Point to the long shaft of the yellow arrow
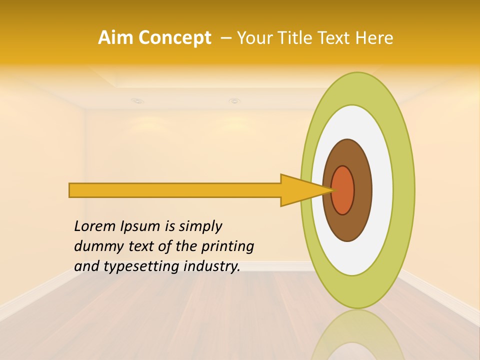175,190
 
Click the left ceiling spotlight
136,101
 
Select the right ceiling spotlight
234,101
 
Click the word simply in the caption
200,226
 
